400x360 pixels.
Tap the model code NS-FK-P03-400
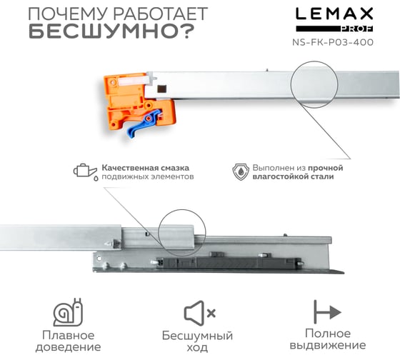(x=333, y=42)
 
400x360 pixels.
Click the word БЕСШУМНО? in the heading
(x=111, y=31)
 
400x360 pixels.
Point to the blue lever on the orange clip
(x=144, y=123)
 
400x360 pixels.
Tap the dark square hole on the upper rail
(x=161, y=89)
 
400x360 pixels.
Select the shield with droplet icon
(x=241, y=172)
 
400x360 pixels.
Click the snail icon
(x=68, y=312)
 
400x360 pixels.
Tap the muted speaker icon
(x=199, y=313)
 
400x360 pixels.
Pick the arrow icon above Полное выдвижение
(x=327, y=311)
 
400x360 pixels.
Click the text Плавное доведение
(x=68, y=341)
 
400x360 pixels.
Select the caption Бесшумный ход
(x=197, y=341)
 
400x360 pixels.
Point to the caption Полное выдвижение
(x=328, y=339)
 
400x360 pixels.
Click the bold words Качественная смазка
(x=146, y=168)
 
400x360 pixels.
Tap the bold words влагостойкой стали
(x=293, y=176)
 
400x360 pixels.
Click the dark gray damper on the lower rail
(x=229, y=262)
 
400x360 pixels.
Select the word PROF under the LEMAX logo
(x=357, y=29)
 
